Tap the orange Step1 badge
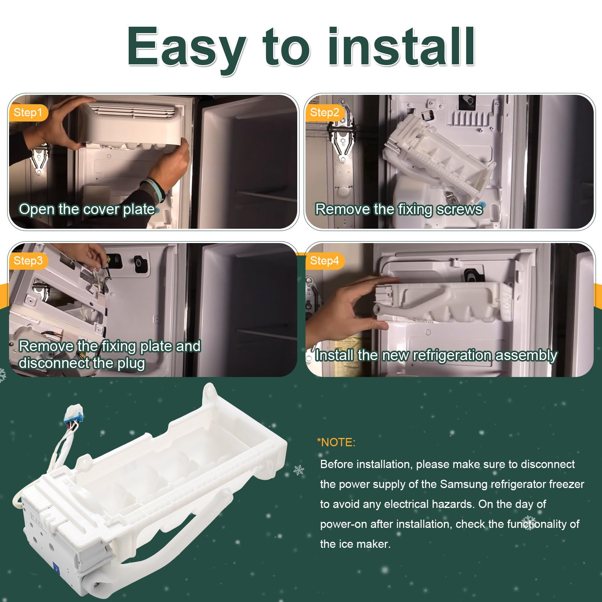tap(28, 112)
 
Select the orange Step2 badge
tap(325, 112)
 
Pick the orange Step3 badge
tap(28, 261)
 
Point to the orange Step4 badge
tap(325, 261)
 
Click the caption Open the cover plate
tap(87, 210)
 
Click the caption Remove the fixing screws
tap(399, 210)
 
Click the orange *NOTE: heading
tap(336, 442)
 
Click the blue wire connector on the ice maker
tap(74, 412)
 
